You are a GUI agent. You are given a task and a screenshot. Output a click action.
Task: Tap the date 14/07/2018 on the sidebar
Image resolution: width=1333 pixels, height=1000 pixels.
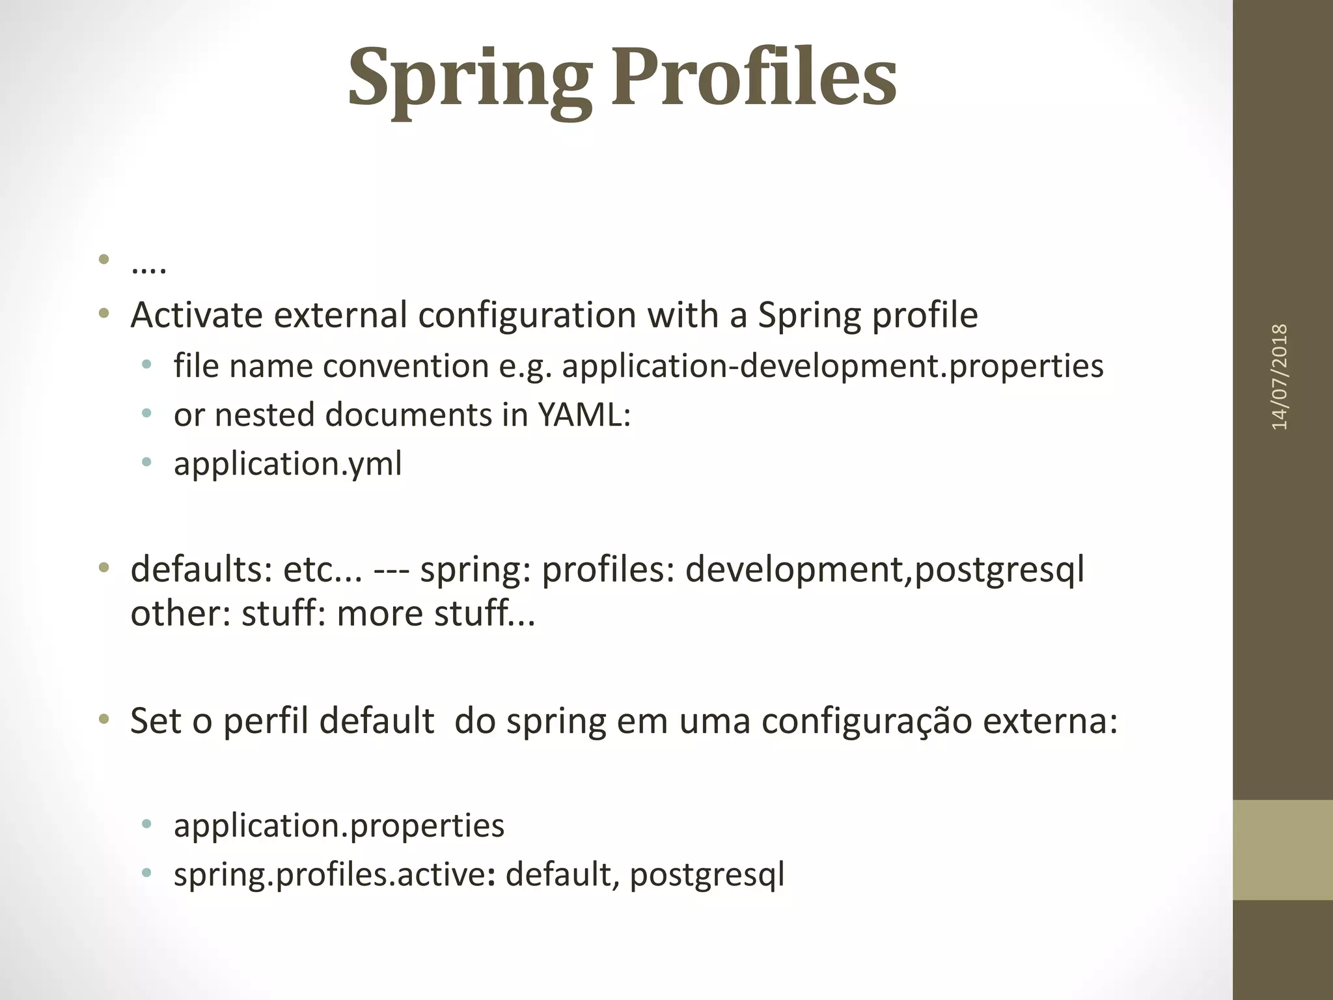(x=1280, y=377)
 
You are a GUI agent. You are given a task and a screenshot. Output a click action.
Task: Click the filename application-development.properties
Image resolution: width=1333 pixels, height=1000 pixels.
(x=832, y=366)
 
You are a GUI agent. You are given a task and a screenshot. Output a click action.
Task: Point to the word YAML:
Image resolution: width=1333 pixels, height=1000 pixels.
(x=584, y=415)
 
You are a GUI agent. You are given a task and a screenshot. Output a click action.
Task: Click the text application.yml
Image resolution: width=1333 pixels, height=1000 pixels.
(x=288, y=464)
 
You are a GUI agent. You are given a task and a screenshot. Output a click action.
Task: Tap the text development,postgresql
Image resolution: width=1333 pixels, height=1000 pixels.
(x=885, y=570)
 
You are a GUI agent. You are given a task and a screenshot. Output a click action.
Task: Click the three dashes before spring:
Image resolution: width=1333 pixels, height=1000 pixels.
(x=391, y=570)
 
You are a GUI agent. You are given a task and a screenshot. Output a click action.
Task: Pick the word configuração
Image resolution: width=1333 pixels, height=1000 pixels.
(x=866, y=721)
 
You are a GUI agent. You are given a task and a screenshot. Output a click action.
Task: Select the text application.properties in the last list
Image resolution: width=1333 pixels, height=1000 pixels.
(x=339, y=826)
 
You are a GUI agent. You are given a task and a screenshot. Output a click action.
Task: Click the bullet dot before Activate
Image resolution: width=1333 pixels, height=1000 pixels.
(x=103, y=315)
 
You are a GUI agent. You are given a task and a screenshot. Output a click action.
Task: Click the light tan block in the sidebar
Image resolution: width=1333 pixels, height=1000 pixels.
(x=1282, y=850)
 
